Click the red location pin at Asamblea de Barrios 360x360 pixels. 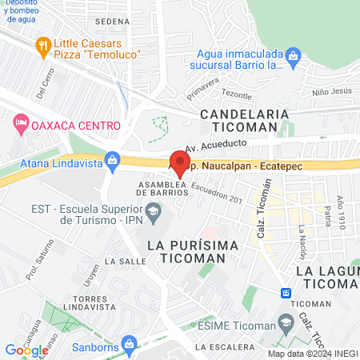pos(177,160)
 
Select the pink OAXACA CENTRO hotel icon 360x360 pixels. pos(21,125)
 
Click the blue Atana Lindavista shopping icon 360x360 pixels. pos(112,159)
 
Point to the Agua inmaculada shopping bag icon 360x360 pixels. pos(294,57)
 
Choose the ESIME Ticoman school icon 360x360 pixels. pos(284,322)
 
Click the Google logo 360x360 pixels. pos(26,350)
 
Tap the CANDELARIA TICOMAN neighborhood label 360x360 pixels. pos(244,121)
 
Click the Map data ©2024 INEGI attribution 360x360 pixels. pos(312,354)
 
